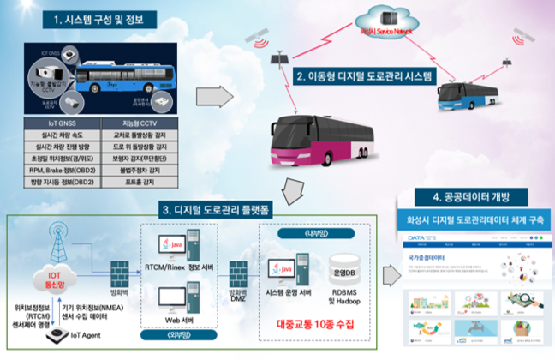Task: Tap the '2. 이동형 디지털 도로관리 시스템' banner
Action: coord(365,77)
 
